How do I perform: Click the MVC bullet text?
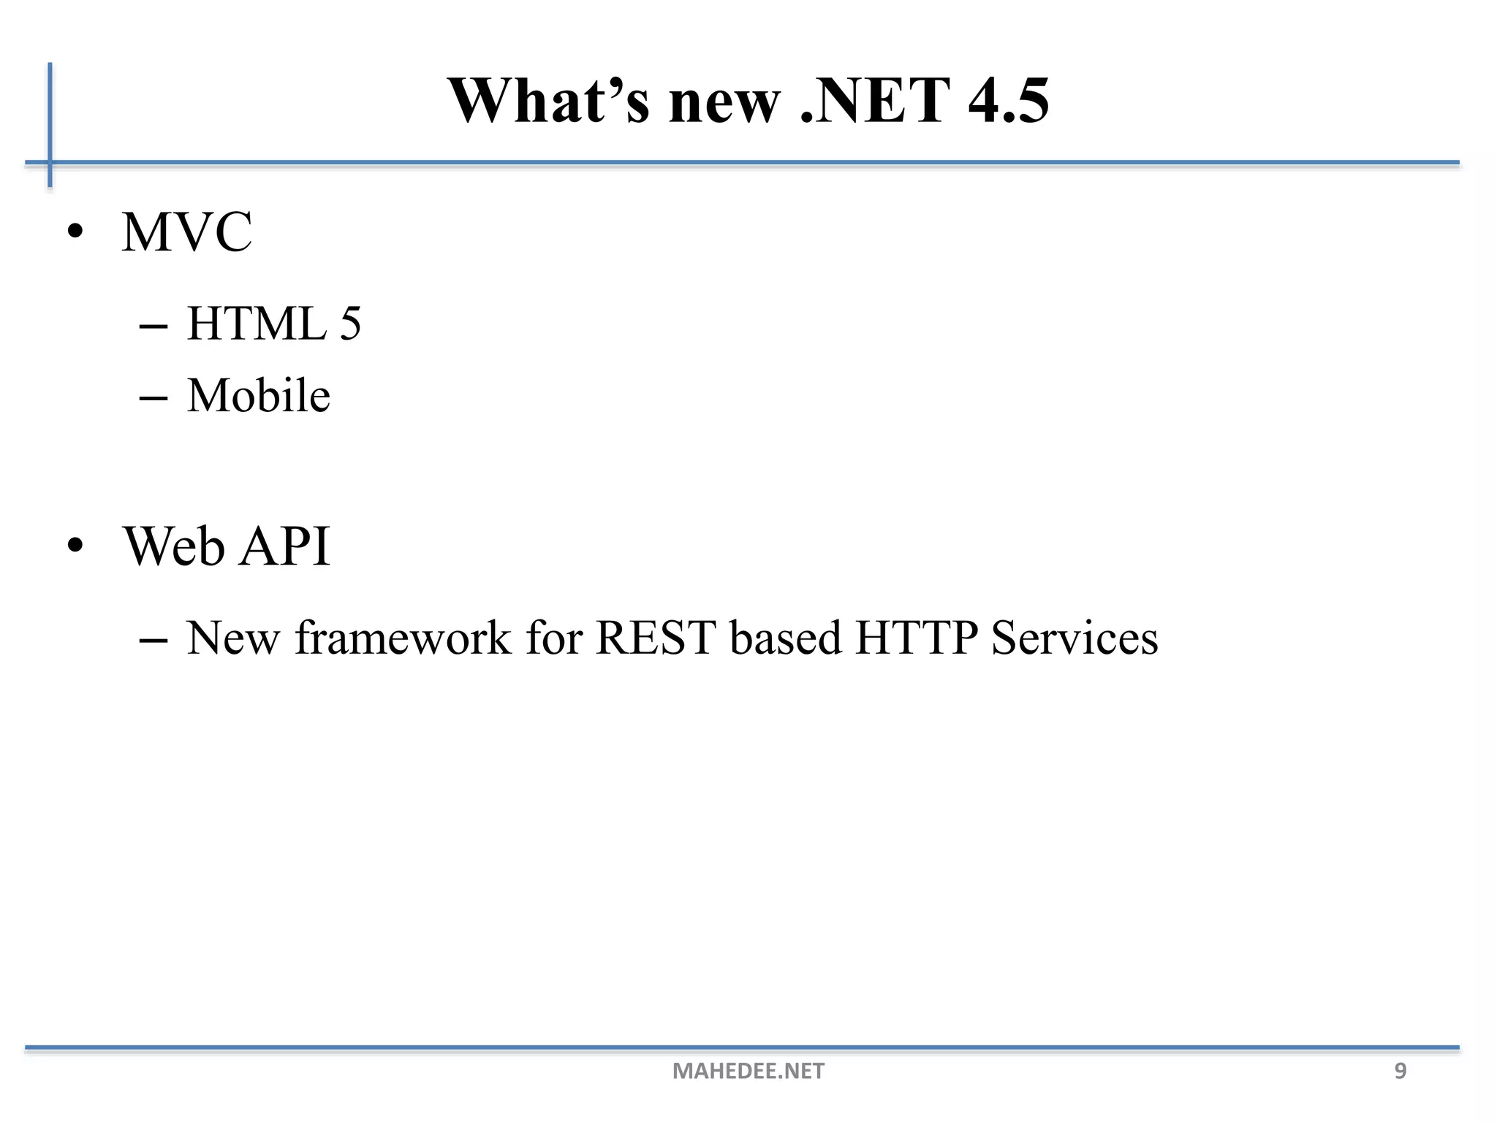click(x=187, y=232)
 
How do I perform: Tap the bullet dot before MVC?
click(x=75, y=232)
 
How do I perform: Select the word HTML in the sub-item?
click(x=257, y=324)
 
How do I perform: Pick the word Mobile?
click(x=259, y=395)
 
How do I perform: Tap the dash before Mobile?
click(x=153, y=399)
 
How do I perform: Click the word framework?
click(x=403, y=638)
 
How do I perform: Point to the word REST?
click(x=656, y=638)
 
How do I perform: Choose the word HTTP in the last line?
click(x=916, y=638)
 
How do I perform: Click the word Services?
click(x=1075, y=638)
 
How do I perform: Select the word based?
click(x=786, y=638)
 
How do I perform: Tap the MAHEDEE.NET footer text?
click(x=748, y=1071)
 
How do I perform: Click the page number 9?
click(x=1401, y=1071)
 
